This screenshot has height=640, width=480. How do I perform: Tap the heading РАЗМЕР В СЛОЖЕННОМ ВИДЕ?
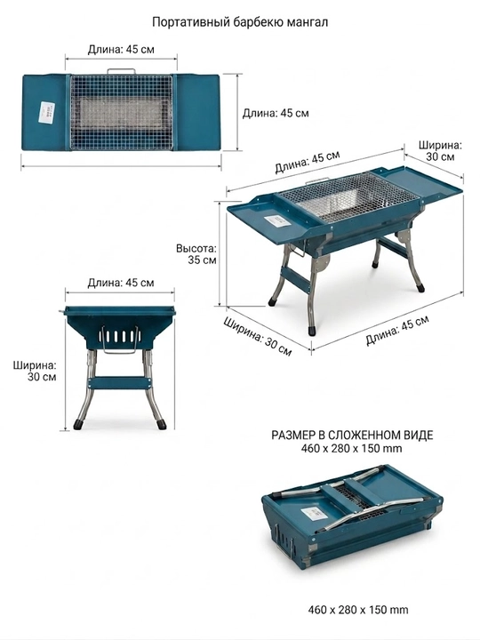click(352, 435)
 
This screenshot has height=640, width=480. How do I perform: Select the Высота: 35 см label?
click(196, 254)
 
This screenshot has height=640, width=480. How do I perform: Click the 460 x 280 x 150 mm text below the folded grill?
click(358, 610)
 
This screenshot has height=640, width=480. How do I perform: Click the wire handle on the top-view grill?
click(121, 71)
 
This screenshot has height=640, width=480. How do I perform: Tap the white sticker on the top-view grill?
click(45, 111)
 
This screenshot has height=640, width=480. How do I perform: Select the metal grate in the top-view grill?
click(121, 112)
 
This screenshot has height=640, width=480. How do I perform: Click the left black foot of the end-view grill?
click(79, 425)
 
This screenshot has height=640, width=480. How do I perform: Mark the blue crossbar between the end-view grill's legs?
click(120, 383)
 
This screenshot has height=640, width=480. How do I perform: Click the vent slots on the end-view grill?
click(119, 336)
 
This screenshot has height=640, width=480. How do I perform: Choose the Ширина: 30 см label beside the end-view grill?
click(35, 371)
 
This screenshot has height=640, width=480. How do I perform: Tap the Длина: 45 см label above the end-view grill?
click(121, 283)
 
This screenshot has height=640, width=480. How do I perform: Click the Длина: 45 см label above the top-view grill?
click(121, 50)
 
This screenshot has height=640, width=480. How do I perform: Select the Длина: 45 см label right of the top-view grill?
click(276, 113)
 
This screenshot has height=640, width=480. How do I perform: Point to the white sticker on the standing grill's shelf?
click(277, 221)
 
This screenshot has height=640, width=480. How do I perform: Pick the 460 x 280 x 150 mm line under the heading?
click(352, 449)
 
